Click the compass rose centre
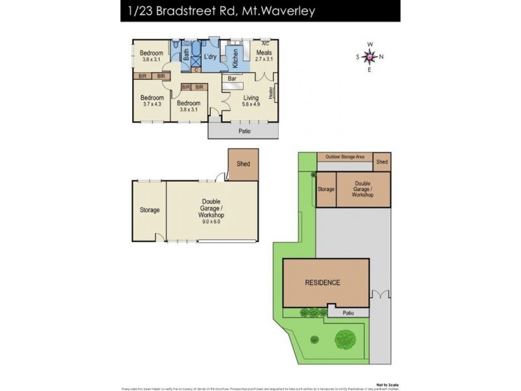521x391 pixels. [369, 57]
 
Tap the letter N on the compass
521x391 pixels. [382, 57]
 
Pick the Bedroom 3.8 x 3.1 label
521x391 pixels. [188, 107]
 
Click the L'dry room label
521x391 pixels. [210, 57]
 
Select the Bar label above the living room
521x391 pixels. [231, 79]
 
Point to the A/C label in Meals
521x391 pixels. [265, 44]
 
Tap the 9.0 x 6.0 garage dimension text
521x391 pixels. [212, 222]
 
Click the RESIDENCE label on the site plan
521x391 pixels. [323, 282]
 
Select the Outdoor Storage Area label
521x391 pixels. [345, 156]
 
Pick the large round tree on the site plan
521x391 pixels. [345, 339]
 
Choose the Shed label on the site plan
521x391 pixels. [382, 162]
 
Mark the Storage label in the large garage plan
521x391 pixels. [149, 210]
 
